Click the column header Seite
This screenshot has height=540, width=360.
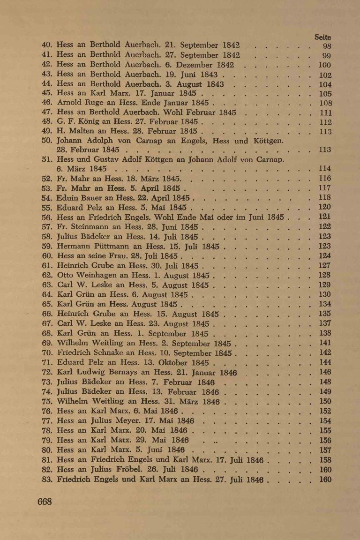pyautogui.click(x=324, y=37)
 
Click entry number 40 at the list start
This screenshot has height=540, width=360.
pyautogui.click(x=46, y=46)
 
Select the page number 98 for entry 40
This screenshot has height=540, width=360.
pyautogui.click(x=327, y=46)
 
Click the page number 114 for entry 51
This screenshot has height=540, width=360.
pyautogui.click(x=325, y=168)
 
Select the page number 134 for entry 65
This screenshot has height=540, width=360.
pyautogui.click(x=325, y=304)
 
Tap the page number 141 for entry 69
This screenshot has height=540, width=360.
pyautogui.click(x=325, y=343)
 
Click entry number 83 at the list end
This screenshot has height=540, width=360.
pyautogui.click(x=46, y=479)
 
